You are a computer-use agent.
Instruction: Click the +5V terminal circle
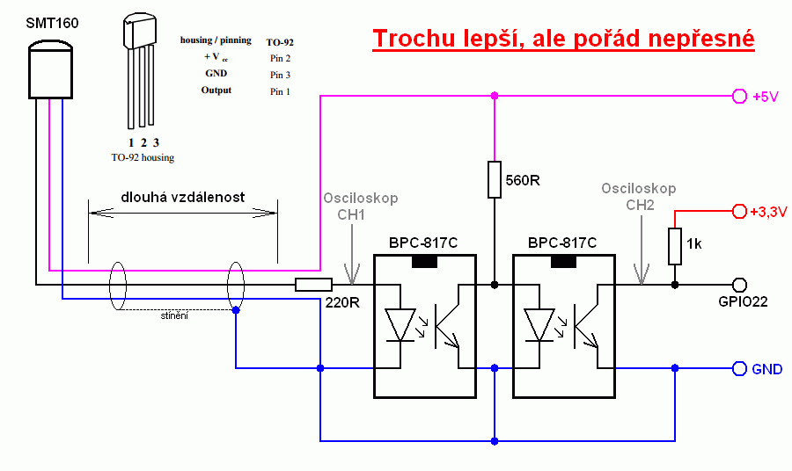click(739, 96)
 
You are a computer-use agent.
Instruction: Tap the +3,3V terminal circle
click(739, 211)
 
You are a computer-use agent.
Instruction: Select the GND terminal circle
click(739, 369)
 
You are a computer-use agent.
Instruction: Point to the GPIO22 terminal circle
click(739, 285)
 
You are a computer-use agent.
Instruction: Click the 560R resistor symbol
click(495, 179)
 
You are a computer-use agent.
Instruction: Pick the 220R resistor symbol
click(313, 285)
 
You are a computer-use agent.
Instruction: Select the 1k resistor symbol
click(675, 246)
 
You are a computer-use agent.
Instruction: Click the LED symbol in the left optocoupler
click(400, 325)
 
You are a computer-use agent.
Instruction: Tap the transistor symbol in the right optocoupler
click(585, 326)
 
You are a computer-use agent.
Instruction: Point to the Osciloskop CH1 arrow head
click(352, 275)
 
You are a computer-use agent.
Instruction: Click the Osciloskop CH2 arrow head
click(642, 275)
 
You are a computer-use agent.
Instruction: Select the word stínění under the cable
click(174, 315)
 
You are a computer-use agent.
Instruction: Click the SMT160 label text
click(52, 23)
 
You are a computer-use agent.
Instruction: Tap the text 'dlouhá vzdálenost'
click(182, 197)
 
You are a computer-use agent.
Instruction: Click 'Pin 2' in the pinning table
click(280, 58)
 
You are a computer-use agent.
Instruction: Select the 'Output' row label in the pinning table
click(216, 91)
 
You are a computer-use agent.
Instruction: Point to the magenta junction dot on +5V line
click(495, 96)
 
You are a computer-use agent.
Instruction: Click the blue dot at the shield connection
click(236, 310)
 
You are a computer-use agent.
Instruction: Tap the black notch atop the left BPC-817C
click(425, 261)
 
